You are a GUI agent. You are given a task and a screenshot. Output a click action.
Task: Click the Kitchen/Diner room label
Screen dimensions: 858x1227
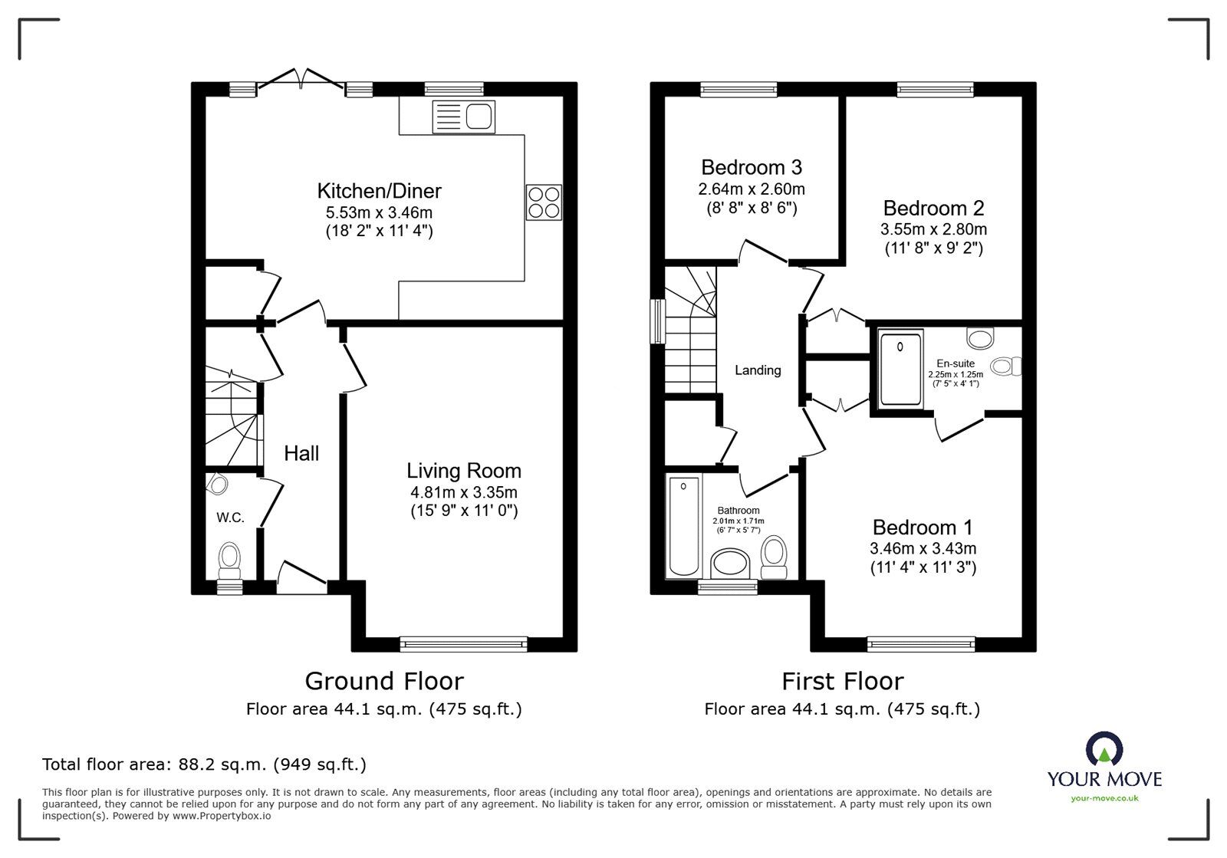[x=380, y=190]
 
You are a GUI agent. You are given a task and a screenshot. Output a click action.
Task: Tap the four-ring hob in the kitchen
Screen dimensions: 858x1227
[x=544, y=202]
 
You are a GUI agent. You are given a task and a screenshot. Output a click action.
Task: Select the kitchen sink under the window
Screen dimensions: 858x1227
[x=464, y=117]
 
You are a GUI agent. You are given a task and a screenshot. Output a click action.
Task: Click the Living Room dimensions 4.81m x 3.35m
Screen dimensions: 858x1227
[x=464, y=492]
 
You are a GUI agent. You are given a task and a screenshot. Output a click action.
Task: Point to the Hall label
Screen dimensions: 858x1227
[x=301, y=453]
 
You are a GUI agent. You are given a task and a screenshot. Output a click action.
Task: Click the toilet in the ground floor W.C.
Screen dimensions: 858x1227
[x=229, y=560]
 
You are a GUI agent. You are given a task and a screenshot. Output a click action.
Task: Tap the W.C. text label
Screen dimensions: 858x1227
[x=230, y=518]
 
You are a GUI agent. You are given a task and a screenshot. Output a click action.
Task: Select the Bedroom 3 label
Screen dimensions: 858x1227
[x=752, y=167]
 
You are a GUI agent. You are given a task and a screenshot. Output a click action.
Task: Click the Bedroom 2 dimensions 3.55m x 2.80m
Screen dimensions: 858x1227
[x=933, y=229]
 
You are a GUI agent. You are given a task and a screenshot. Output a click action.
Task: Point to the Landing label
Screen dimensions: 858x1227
[x=758, y=370]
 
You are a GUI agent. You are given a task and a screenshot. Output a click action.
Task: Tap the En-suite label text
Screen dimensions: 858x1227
[x=956, y=363]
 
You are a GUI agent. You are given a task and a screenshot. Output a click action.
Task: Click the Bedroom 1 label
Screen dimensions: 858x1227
[x=923, y=528]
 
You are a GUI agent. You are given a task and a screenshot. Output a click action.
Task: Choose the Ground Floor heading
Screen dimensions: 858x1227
[x=384, y=681]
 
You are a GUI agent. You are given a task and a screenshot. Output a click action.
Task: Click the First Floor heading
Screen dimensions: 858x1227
[x=842, y=681]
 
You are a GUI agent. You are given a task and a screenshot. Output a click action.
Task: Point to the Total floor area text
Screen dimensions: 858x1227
[x=204, y=764]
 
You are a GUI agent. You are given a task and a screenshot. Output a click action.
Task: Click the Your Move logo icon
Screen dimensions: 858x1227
[x=1104, y=751]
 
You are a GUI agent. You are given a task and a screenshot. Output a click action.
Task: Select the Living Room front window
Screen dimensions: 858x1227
[x=463, y=644]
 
